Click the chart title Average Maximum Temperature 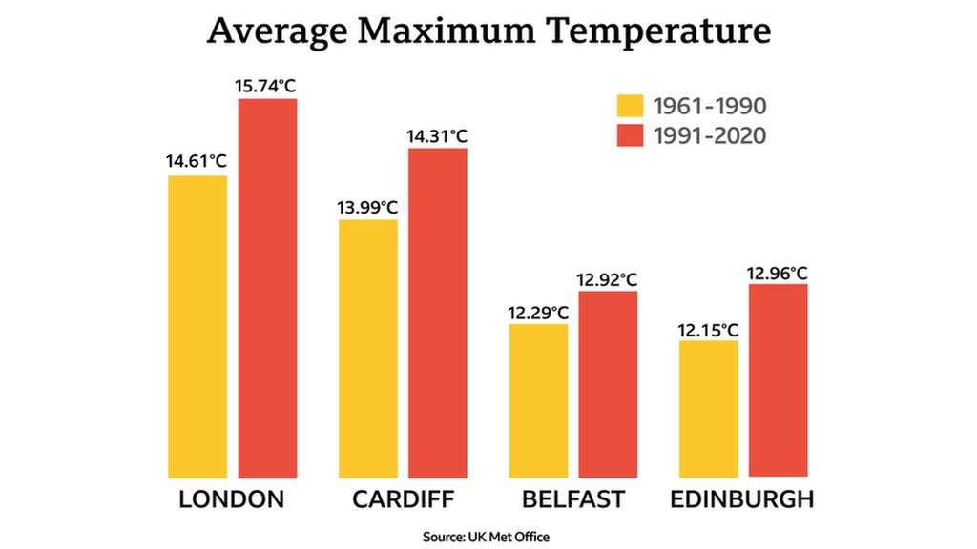pyautogui.click(x=488, y=31)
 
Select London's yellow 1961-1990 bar pyautogui.click(x=197, y=326)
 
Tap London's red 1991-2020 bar pyautogui.click(x=267, y=288)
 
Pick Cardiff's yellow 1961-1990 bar pyautogui.click(x=368, y=348)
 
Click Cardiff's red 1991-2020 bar pyautogui.click(x=438, y=313)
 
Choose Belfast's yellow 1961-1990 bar pyautogui.click(x=538, y=400)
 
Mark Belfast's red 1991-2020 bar pyautogui.click(x=608, y=384)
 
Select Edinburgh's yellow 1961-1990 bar pyautogui.click(x=708, y=408)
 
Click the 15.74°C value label pyautogui.click(x=266, y=86)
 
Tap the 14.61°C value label pyautogui.click(x=197, y=161)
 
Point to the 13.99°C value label pyautogui.click(x=367, y=206)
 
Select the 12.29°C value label pyautogui.click(x=538, y=311)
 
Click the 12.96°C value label pyautogui.click(x=778, y=273)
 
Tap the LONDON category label pyautogui.click(x=232, y=499)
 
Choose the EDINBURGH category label pyautogui.click(x=742, y=499)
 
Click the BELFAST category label pyautogui.click(x=572, y=499)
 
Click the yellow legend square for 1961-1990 pyautogui.click(x=630, y=105)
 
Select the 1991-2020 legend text pyautogui.click(x=710, y=136)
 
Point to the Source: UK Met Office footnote pyautogui.click(x=487, y=537)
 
